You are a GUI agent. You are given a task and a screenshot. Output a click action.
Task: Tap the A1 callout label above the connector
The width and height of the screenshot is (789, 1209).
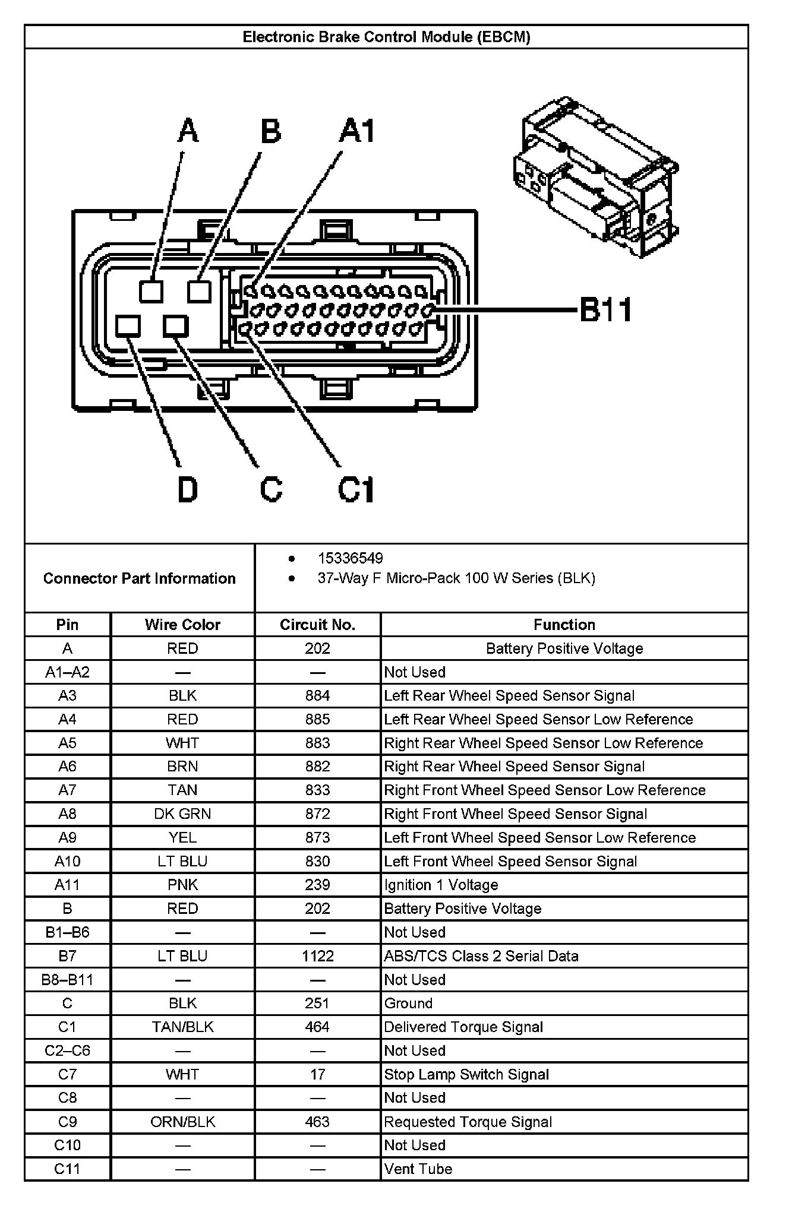pyautogui.click(x=357, y=131)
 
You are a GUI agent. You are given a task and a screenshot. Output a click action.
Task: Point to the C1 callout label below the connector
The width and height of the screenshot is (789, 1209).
pyautogui.click(x=356, y=490)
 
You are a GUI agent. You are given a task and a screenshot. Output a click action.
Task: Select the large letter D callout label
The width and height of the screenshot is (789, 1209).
pyautogui.click(x=188, y=490)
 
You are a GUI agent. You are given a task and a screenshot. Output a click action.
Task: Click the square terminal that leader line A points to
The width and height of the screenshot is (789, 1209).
pyautogui.click(x=152, y=292)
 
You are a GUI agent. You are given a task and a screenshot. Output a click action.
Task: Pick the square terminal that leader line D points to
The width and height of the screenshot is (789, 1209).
pyautogui.click(x=128, y=327)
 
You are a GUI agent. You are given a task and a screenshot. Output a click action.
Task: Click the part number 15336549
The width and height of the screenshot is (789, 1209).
pyautogui.click(x=350, y=558)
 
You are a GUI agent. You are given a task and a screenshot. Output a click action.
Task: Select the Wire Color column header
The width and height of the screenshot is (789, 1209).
pyautogui.click(x=182, y=625)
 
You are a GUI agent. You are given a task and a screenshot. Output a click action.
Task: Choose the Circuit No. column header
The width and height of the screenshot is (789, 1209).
pyautogui.click(x=317, y=625)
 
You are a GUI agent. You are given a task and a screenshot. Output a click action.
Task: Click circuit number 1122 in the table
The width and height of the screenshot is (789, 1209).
pyautogui.click(x=317, y=956)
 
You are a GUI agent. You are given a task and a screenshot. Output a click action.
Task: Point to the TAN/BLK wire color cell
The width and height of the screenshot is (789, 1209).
pyautogui.click(x=182, y=1027)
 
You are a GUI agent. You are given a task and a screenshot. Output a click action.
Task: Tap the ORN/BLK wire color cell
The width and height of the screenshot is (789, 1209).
pyautogui.click(x=182, y=1122)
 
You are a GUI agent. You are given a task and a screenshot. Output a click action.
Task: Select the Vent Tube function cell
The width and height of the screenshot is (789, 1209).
pyautogui.click(x=418, y=1169)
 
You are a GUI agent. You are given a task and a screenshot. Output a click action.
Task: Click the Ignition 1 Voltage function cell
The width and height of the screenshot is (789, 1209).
pyautogui.click(x=441, y=885)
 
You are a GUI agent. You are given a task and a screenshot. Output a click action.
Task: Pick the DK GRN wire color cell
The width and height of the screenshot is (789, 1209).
pyautogui.click(x=182, y=814)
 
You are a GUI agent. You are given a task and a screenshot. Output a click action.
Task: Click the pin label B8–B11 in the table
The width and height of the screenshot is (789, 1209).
pyautogui.click(x=67, y=980)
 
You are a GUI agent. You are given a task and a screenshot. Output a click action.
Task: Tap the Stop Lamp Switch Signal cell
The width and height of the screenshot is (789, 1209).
pyautogui.click(x=466, y=1074)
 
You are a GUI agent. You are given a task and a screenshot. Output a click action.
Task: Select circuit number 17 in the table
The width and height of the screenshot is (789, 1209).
pyautogui.click(x=317, y=1074)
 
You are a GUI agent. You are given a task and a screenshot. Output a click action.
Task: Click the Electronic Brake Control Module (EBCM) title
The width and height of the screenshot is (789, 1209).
pyautogui.click(x=386, y=37)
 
